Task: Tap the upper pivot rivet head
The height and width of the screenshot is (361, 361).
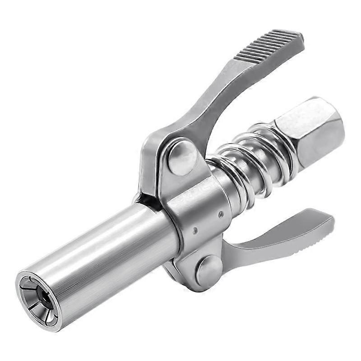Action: click(182, 155)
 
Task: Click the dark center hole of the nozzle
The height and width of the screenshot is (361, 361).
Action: click(44, 295)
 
